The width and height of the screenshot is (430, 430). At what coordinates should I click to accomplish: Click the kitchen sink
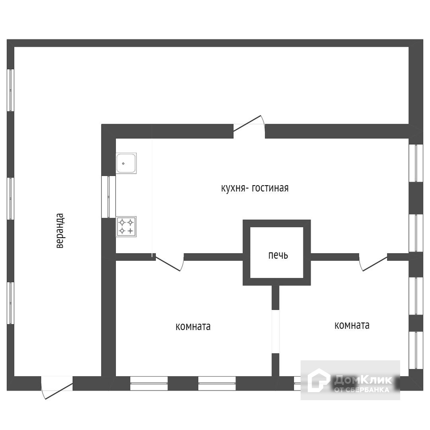(x=126, y=163)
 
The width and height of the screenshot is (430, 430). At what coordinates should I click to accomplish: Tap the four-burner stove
(x=126, y=227)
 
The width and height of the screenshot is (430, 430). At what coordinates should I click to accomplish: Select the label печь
(x=278, y=255)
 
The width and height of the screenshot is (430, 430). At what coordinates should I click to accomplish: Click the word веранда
(x=60, y=231)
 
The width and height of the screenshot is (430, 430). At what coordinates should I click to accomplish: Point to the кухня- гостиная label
(x=255, y=188)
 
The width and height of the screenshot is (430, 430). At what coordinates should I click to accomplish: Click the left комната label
(x=193, y=327)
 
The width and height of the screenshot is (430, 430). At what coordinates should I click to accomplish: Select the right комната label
(x=352, y=325)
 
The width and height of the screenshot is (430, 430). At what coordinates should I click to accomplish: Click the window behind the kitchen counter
(x=108, y=197)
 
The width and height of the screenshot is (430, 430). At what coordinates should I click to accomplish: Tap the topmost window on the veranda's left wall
(x=11, y=90)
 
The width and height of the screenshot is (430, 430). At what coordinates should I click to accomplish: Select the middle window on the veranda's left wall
(x=11, y=198)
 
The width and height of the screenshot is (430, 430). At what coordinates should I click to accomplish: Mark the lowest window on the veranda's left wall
(x=11, y=303)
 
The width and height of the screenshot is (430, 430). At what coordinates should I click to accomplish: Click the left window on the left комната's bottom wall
(x=149, y=383)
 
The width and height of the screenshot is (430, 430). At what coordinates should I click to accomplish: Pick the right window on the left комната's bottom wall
(x=217, y=383)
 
